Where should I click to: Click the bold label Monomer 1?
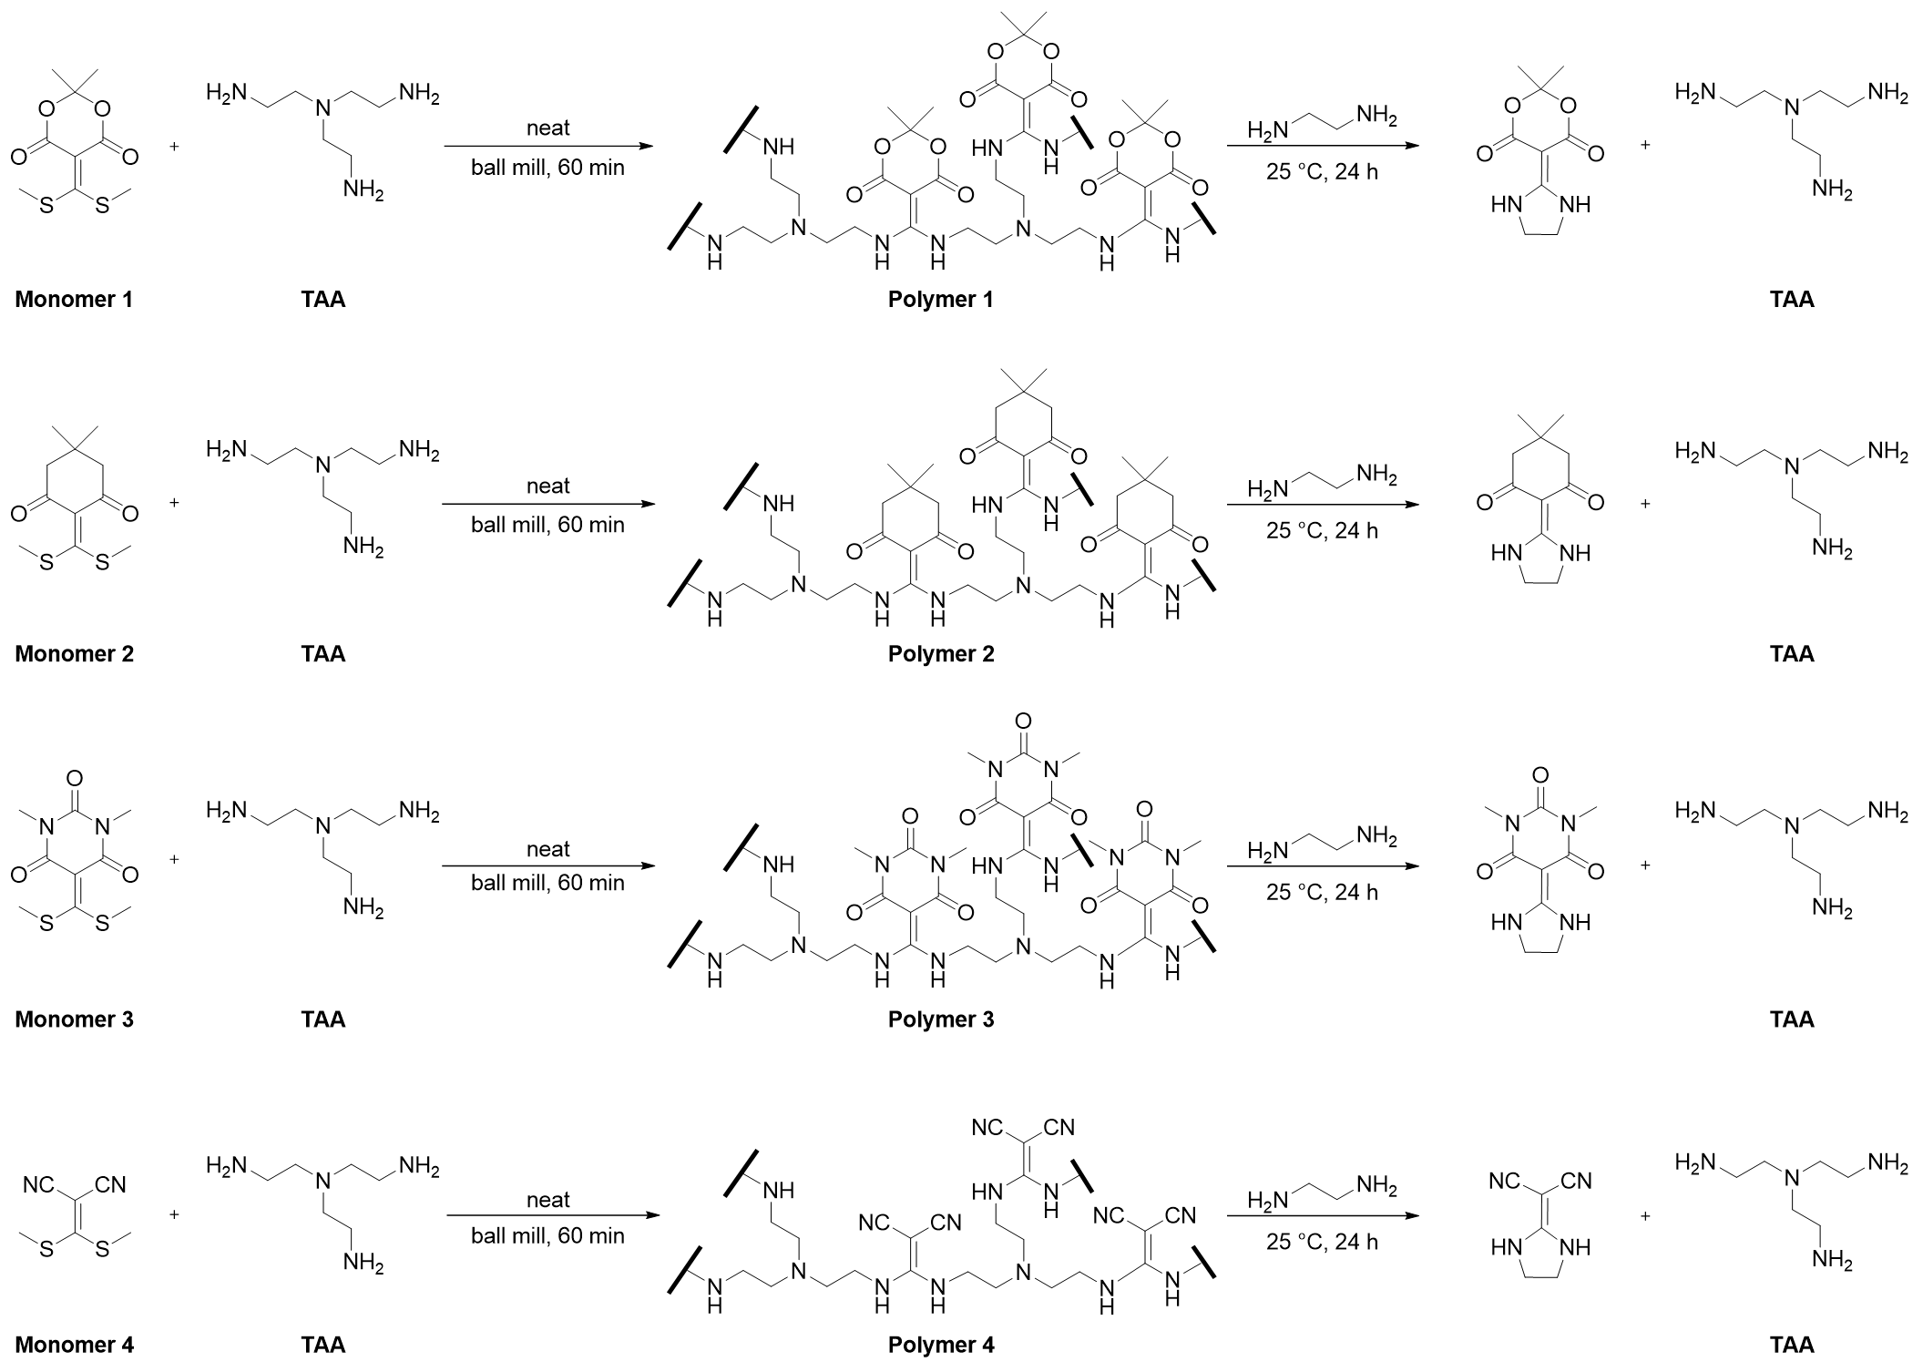pyautogui.click(x=74, y=299)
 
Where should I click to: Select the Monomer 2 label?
pyautogui.click(x=74, y=653)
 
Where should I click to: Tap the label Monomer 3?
pyautogui.click(x=74, y=1019)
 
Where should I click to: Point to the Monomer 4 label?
pyautogui.click(x=74, y=1344)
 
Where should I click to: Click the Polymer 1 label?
pyautogui.click(x=940, y=300)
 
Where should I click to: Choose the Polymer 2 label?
pyautogui.click(x=940, y=654)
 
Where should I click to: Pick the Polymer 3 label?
pyautogui.click(x=940, y=1019)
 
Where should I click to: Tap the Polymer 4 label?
pyautogui.click(x=940, y=1345)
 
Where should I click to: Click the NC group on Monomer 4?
pyautogui.click(x=39, y=1185)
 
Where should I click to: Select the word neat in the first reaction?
pyautogui.click(x=547, y=128)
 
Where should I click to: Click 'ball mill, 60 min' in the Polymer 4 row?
pyautogui.click(x=547, y=1235)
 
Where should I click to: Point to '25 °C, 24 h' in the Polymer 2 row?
pyautogui.click(x=1322, y=530)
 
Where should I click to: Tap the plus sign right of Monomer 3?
pyautogui.click(x=174, y=858)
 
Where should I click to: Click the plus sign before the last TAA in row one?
pyautogui.click(x=1645, y=145)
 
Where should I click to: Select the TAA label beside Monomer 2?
pyautogui.click(x=323, y=653)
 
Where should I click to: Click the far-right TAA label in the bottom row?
pyautogui.click(x=1792, y=1344)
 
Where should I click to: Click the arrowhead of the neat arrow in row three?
pyautogui.click(x=648, y=865)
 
